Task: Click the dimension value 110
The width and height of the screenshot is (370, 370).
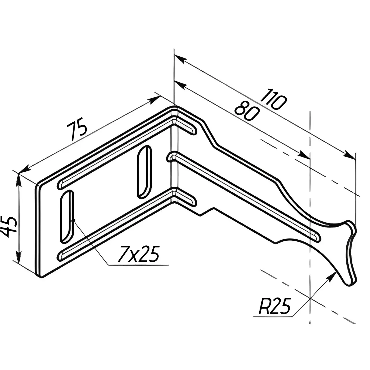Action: (x=273, y=99)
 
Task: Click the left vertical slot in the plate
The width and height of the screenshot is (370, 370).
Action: (x=67, y=217)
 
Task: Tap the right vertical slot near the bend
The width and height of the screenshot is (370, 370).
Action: (x=145, y=172)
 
